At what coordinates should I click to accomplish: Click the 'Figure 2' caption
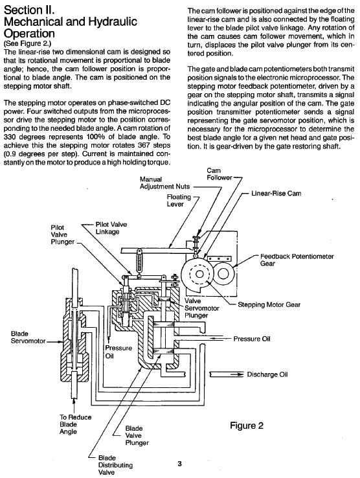pyautogui.click(x=246, y=426)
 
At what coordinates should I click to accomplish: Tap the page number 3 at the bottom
pyautogui.click(x=179, y=464)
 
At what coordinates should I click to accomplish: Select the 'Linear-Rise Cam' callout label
pyautogui.click(x=276, y=193)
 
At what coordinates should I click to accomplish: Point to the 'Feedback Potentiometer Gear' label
pyautogui.click(x=297, y=260)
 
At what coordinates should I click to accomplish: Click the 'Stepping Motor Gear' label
pyautogui.click(x=269, y=304)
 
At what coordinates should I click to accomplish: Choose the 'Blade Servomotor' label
pyautogui.click(x=28, y=337)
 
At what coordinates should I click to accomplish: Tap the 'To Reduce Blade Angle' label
pyautogui.click(x=75, y=424)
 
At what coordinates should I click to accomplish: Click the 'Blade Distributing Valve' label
pyautogui.click(x=115, y=465)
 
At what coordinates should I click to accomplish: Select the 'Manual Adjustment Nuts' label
pyautogui.click(x=164, y=183)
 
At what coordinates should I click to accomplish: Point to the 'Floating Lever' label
pyautogui.click(x=179, y=200)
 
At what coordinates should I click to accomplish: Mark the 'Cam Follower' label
pyautogui.click(x=219, y=174)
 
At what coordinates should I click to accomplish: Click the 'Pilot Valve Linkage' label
pyautogui.click(x=111, y=228)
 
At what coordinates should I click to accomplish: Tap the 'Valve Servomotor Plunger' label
pyautogui.click(x=202, y=308)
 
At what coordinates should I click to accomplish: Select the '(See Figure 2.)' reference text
pyautogui.click(x=27, y=43)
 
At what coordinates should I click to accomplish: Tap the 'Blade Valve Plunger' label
pyautogui.click(x=137, y=435)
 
